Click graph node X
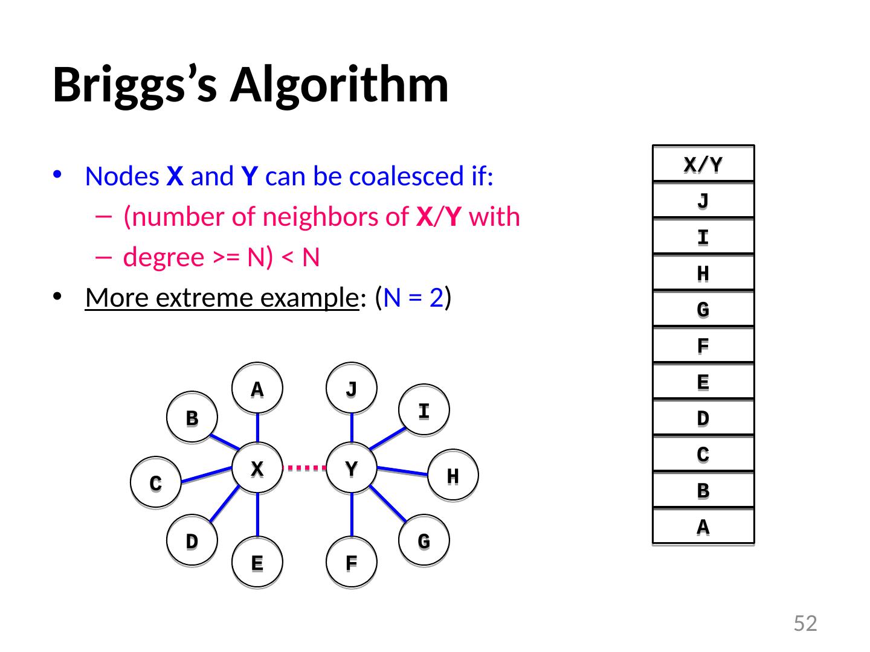click(257, 468)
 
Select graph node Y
click(352, 468)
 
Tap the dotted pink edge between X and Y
click(304, 467)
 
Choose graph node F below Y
click(352, 562)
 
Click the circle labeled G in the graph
click(424, 540)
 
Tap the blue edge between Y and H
click(402, 471)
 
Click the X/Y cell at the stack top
click(703, 164)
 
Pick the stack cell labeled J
click(703, 200)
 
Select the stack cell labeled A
click(703, 527)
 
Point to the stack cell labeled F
click(703, 345)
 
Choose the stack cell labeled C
click(703, 454)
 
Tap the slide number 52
click(805, 623)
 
